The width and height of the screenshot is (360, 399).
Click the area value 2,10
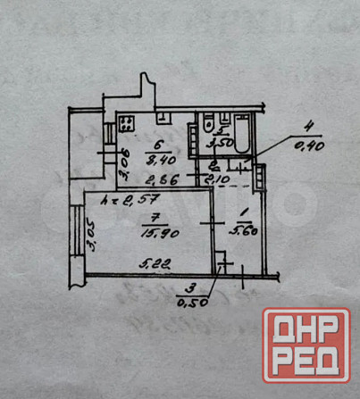[219, 179]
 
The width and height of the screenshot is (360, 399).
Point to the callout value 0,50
[188, 301]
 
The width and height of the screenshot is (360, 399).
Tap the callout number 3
[188, 288]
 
